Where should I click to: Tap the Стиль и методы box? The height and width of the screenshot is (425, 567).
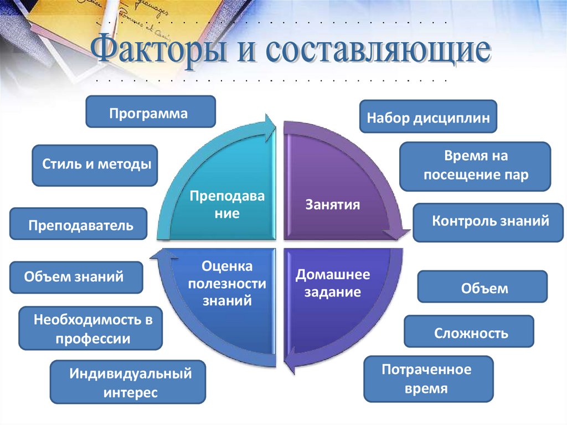point(95,165)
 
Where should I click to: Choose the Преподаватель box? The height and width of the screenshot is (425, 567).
point(78,224)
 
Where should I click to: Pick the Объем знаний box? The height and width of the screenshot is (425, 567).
point(76,277)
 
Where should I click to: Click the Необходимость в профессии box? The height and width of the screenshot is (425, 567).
point(91,328)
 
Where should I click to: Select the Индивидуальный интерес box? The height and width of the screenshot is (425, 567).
point(127,382)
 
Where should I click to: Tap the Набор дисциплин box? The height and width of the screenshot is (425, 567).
point(428,116)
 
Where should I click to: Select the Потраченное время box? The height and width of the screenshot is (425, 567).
point(428,379)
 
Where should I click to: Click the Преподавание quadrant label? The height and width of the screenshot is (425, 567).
point(228,204)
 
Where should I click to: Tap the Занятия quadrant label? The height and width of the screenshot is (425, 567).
point(332,205)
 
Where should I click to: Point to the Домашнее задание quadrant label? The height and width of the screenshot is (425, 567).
point(332,283)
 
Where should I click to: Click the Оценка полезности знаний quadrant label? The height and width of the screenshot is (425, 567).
point(228,284)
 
